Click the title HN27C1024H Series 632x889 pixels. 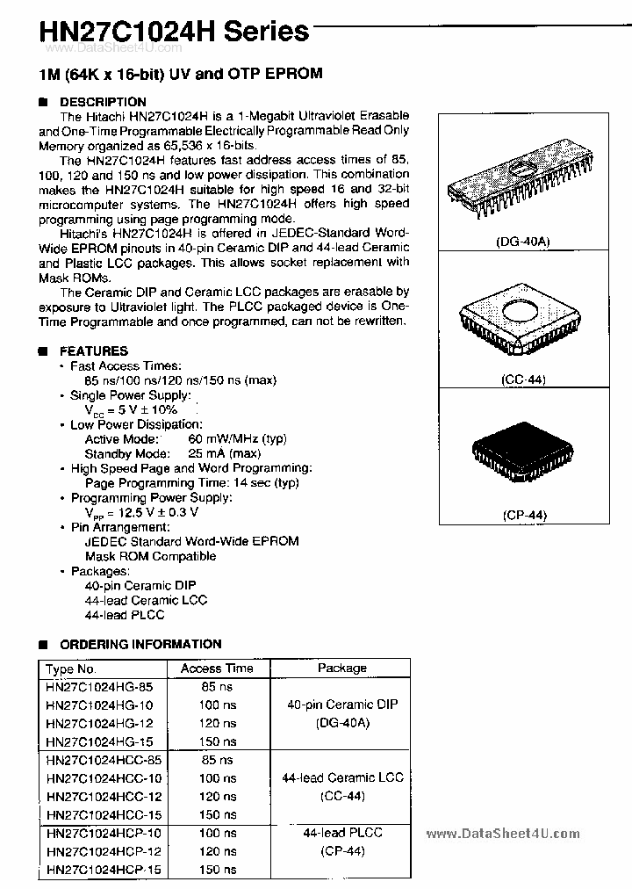[x=162, y=32]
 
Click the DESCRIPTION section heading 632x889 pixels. [x=103, y=102]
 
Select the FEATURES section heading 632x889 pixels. [x=94, y=351]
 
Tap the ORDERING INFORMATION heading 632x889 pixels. [x=140, y=644]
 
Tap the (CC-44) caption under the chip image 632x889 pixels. [x=525, y=379]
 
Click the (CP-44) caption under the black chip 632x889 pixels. [x=525, y=516]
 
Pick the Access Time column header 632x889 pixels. [x=216, y=669]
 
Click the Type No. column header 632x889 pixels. [x=76, y=669]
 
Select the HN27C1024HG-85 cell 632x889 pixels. [x=104, y=687]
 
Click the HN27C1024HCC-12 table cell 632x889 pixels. [x=104, y=797]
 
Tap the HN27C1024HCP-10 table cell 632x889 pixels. [x=104, y=833]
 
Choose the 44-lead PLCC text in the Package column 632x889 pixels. [x=342, y=832]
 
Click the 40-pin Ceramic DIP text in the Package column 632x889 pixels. [x=342, y=705]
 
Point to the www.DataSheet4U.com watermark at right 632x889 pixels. [x=502, y=835]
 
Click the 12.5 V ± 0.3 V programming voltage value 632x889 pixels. [x=141, y=512]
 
